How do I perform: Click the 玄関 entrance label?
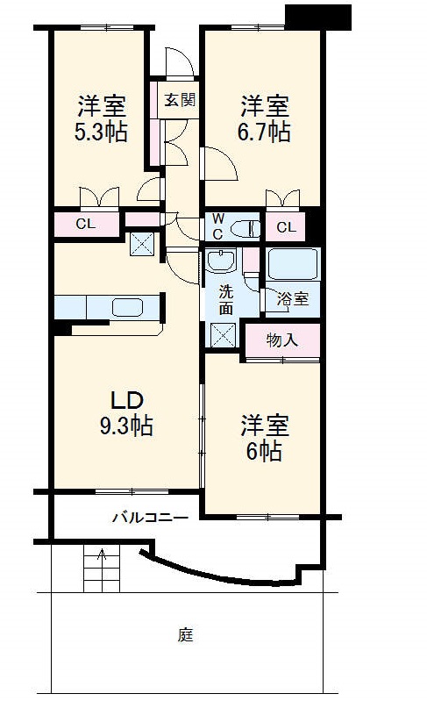(179, 99)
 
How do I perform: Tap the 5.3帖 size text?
(102, 132)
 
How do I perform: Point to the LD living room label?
(126, 399)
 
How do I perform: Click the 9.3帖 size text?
(126, 426)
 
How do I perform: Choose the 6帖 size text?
(264, 452)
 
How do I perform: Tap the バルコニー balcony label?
(149, 518)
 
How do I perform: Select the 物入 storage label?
(281, 340)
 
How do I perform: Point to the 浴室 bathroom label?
(292, 299)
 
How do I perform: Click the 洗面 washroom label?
(225, 300)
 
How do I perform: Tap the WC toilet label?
(217, 226)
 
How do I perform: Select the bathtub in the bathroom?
(294, 264)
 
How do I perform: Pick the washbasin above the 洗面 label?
(223, 261)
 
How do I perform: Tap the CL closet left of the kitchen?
(85, 225)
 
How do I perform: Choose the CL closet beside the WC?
(286, 228)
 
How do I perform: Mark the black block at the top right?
(319, 16)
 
